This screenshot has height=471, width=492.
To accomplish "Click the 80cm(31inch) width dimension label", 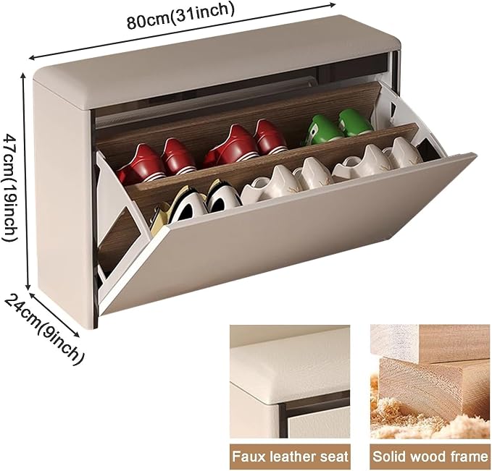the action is [x=180, y=16].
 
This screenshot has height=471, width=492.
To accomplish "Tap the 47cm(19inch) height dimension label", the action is [x=10, y=187].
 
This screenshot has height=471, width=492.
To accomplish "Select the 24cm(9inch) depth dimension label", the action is [x=44, y=330].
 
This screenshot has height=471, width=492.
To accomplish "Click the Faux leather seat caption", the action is [x=290, y=457].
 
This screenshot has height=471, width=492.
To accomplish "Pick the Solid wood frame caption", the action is [x=431, y=457].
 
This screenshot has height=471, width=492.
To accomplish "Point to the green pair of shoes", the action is [x=338, y=127].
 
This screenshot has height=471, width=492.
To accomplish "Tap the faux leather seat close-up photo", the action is [x=290, y=381].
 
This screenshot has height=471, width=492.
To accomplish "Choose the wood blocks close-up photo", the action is [x=430, y=381].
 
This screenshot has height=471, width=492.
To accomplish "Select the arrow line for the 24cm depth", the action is [x=54, y=315].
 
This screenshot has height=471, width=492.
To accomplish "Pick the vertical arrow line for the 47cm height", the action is [x=26, y=182].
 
